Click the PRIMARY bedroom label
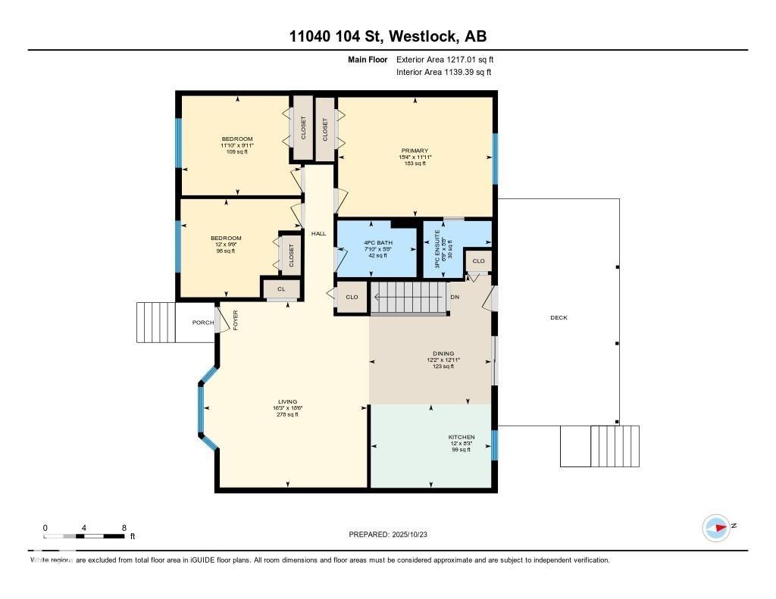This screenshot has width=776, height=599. coord(415,151)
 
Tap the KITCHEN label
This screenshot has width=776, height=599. coord(461,437)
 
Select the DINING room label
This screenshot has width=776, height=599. coord(443,354)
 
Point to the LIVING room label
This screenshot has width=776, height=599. coord(287,401)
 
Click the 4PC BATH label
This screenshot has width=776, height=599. coord(377,242)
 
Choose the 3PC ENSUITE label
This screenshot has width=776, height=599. coord(436,244)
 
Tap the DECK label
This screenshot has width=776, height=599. coord(559,317)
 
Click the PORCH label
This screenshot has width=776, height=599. coord(202,323)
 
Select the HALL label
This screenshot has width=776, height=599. coord(318,233)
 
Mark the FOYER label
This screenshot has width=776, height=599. coord(236,320)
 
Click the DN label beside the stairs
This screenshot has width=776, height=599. coord(454,297)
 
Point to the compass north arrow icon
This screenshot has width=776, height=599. coord(716,527)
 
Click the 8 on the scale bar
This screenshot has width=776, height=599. coord(124,527)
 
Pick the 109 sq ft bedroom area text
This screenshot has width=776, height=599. coord(236,151)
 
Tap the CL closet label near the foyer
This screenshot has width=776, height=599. coord(280,289)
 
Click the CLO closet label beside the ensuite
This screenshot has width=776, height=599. coord(478,261)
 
